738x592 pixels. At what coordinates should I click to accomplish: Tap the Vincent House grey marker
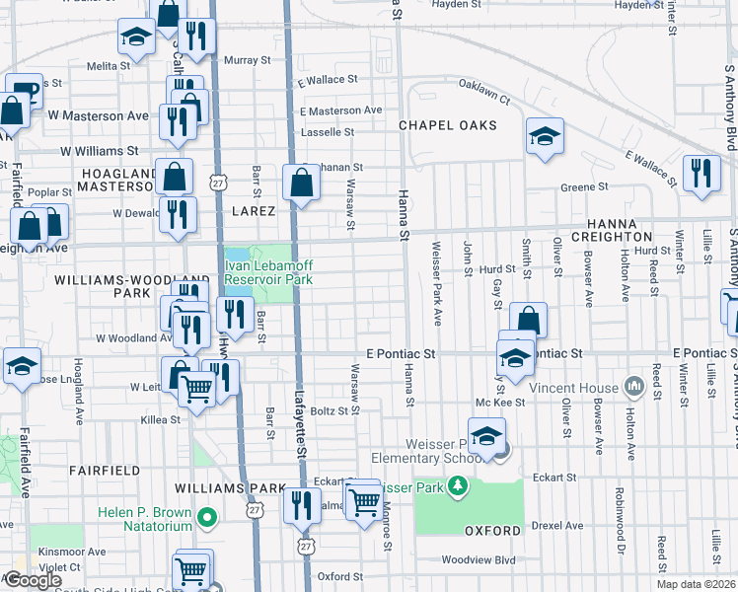pos(634,388)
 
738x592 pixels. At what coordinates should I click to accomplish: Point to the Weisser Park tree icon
pos(456,485)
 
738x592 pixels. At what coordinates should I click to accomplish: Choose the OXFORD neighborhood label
pos(492,531)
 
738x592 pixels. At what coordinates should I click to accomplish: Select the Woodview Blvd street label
pos(480,559)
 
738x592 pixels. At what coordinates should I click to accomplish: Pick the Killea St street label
pos(160,419)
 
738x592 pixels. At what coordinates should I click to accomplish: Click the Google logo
pos(32,579)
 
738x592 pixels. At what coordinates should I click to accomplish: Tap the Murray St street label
pos(247,60)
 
